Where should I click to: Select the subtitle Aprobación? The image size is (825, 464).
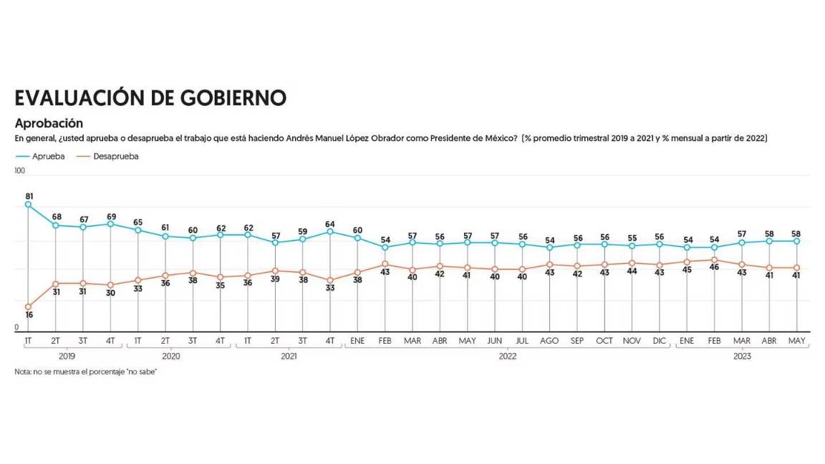49,123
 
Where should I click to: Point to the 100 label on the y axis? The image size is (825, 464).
19,170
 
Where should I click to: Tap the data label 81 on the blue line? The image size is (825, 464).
29,195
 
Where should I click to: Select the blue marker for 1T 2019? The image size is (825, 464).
29,205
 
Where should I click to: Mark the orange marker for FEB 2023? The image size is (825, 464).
714,260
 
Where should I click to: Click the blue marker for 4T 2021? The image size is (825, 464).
330,231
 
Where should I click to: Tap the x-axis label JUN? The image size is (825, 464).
495,342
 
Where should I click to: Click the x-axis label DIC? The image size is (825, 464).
660,342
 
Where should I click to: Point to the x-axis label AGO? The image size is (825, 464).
550,342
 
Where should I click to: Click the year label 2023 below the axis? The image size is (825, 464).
742,355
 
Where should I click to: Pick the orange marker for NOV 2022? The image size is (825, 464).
632,263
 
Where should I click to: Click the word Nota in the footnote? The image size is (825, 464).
23,372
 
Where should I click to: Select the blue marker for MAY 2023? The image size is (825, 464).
796,241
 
